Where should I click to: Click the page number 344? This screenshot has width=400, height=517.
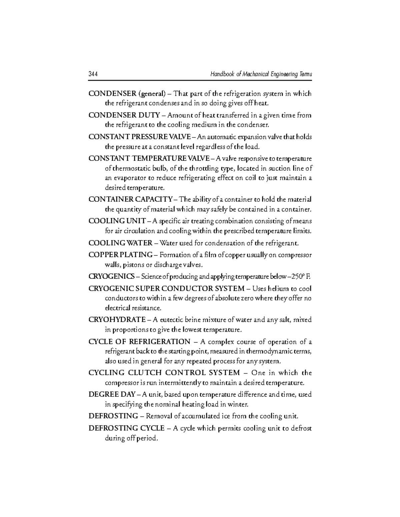93,74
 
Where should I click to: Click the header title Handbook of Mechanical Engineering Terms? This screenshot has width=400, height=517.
261,74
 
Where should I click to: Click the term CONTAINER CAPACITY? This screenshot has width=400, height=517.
130,200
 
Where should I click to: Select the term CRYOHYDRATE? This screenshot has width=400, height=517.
117,320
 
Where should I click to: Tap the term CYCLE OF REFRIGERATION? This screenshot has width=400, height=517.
139,342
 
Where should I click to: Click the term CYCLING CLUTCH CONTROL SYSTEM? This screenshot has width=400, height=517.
164,373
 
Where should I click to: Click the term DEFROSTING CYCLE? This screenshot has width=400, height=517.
126,428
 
